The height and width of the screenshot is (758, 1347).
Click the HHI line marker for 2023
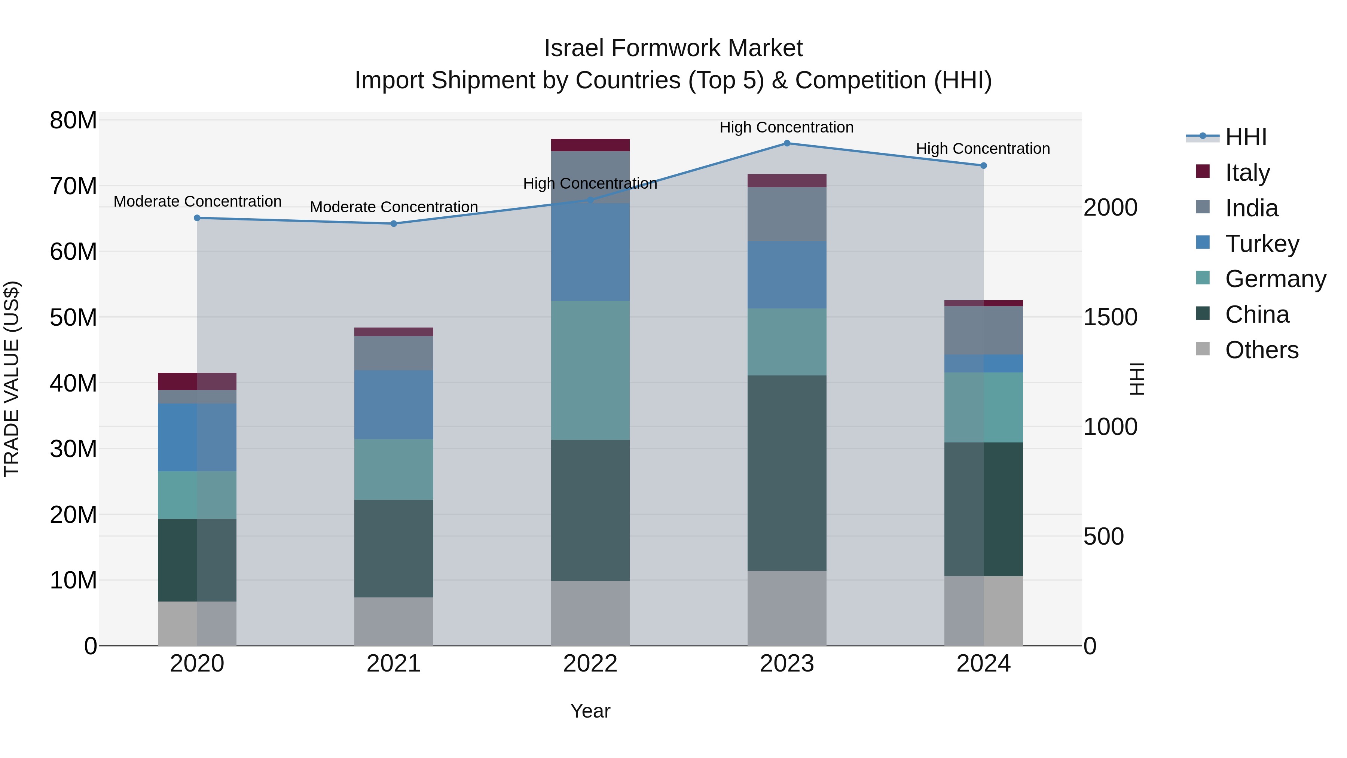(x=786, y=143)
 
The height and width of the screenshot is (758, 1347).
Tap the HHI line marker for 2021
(x=394, y=224)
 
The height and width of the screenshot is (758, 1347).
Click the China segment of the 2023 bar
(x=786, y=473)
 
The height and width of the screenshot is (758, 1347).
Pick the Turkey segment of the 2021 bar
(x=394, y=405)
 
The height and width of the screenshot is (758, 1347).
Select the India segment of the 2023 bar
(x=786, y=214)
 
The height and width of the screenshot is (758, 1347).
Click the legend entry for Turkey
(x=1261, y=244)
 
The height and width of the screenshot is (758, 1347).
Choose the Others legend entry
(x=1261, y=350)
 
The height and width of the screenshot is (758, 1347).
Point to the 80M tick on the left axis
(x=73, y=120)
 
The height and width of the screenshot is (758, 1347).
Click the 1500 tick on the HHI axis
(x=1110, y=317)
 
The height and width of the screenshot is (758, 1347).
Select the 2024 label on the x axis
(x=983, y=664)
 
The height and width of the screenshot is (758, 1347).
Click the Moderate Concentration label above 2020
(x=197, y=201)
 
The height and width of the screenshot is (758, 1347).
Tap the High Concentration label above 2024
(x=983, y=149)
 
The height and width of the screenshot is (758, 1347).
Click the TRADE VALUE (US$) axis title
(x=12, y=379)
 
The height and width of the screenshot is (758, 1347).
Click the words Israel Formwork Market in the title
(x=673, y=48)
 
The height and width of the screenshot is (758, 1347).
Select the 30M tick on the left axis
(x=73, y=449)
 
